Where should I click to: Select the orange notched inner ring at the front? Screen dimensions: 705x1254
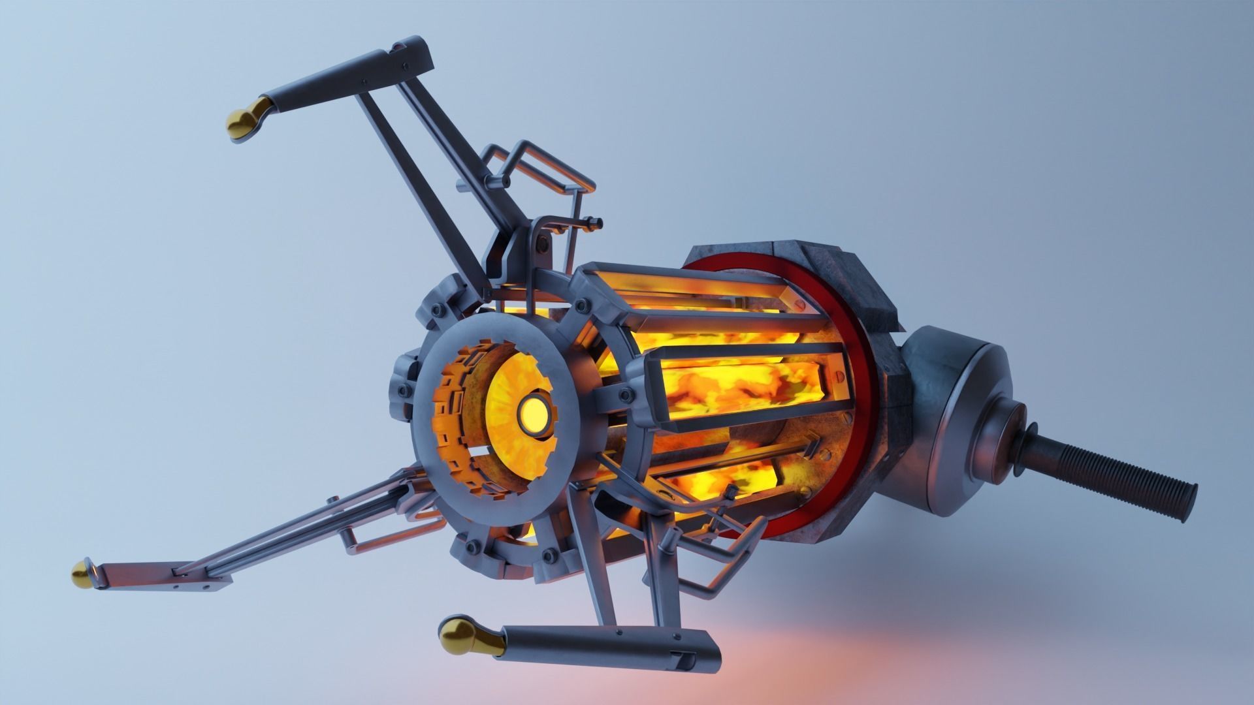(x=451, y=418)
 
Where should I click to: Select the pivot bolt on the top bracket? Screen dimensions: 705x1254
(x=541, y=244)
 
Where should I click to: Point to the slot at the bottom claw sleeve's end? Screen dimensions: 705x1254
(x=684, y=663)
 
